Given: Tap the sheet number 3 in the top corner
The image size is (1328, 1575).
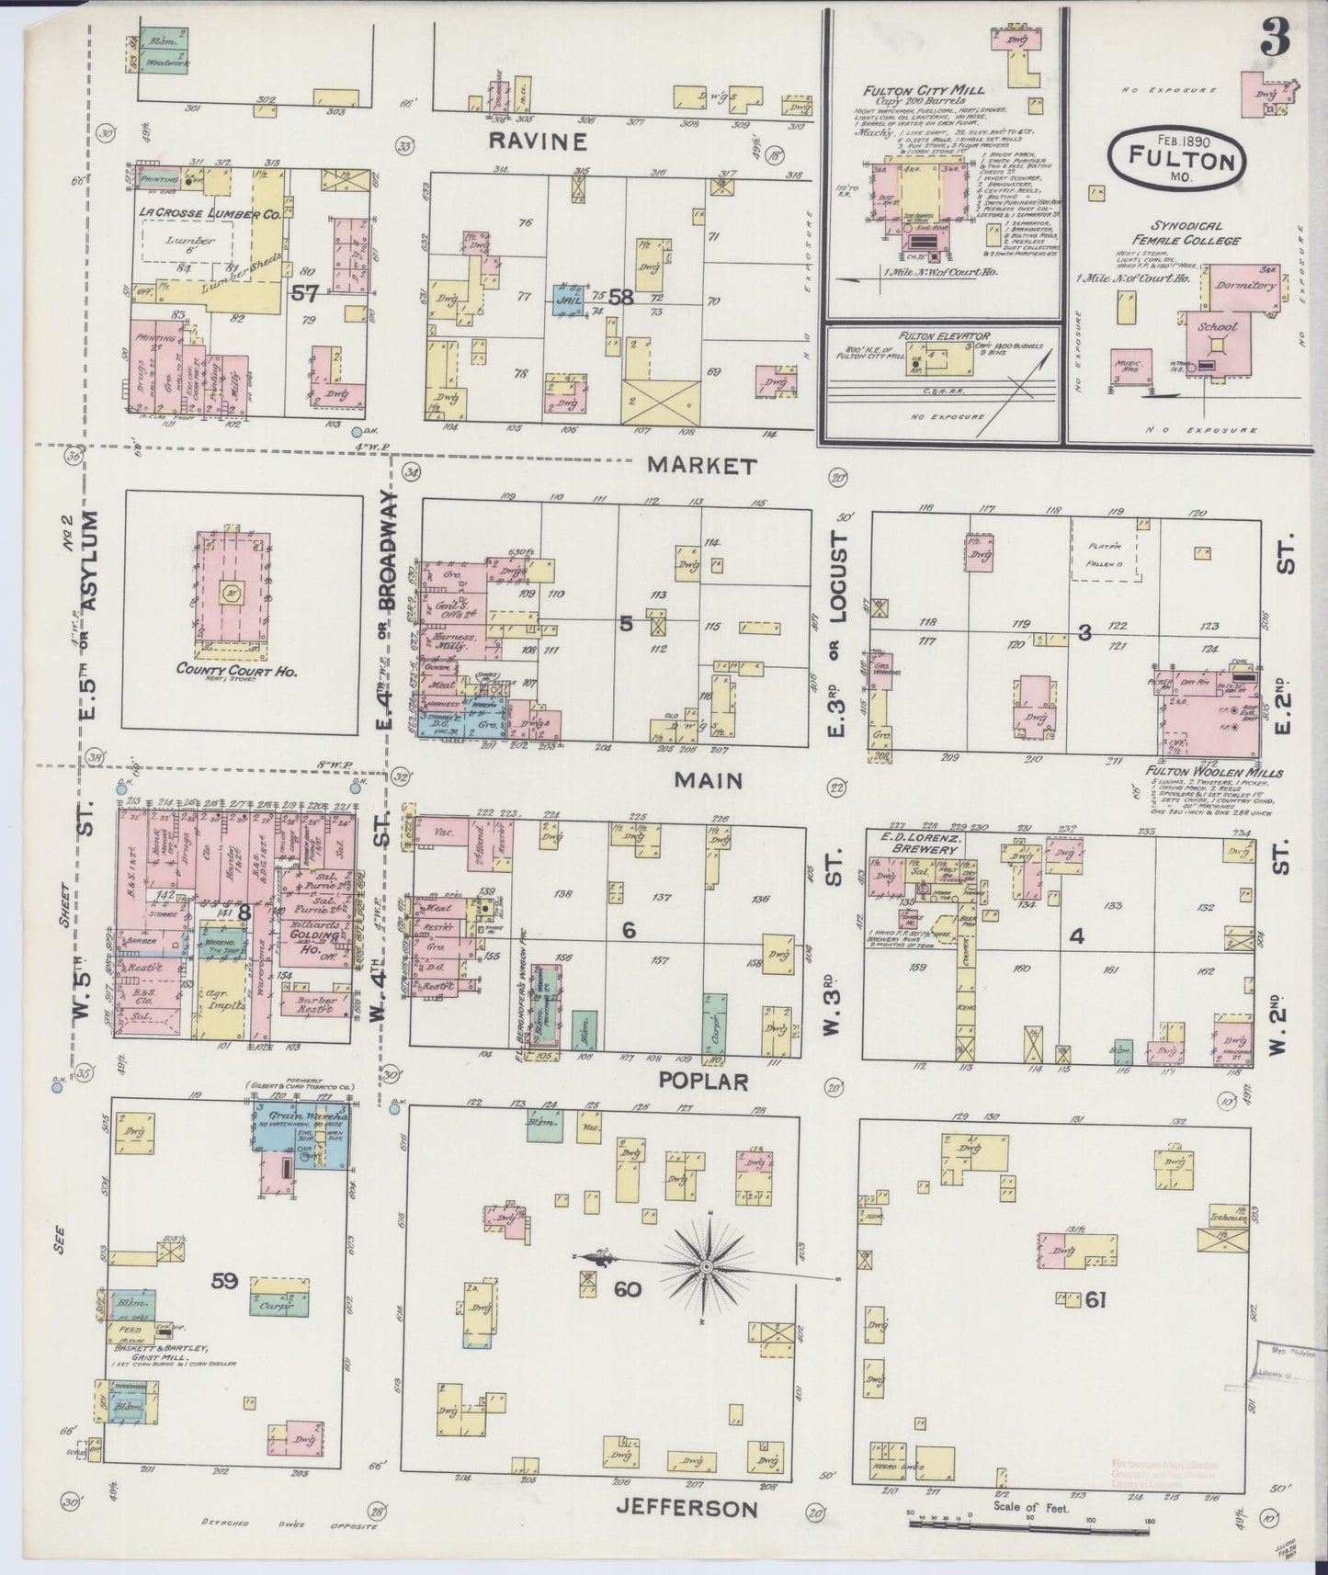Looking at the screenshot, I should [x=1277, y=39].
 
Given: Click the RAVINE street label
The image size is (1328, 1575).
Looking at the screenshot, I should [x=539, y=141].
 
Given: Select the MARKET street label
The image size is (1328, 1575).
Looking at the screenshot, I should [x=702, y=466].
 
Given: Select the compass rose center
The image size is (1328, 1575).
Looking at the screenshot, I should [x=707, y=1267].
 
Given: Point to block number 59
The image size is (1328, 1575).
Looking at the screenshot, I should [x=225, y=1281].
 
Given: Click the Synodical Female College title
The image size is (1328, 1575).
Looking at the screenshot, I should [x=1184, y=232].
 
